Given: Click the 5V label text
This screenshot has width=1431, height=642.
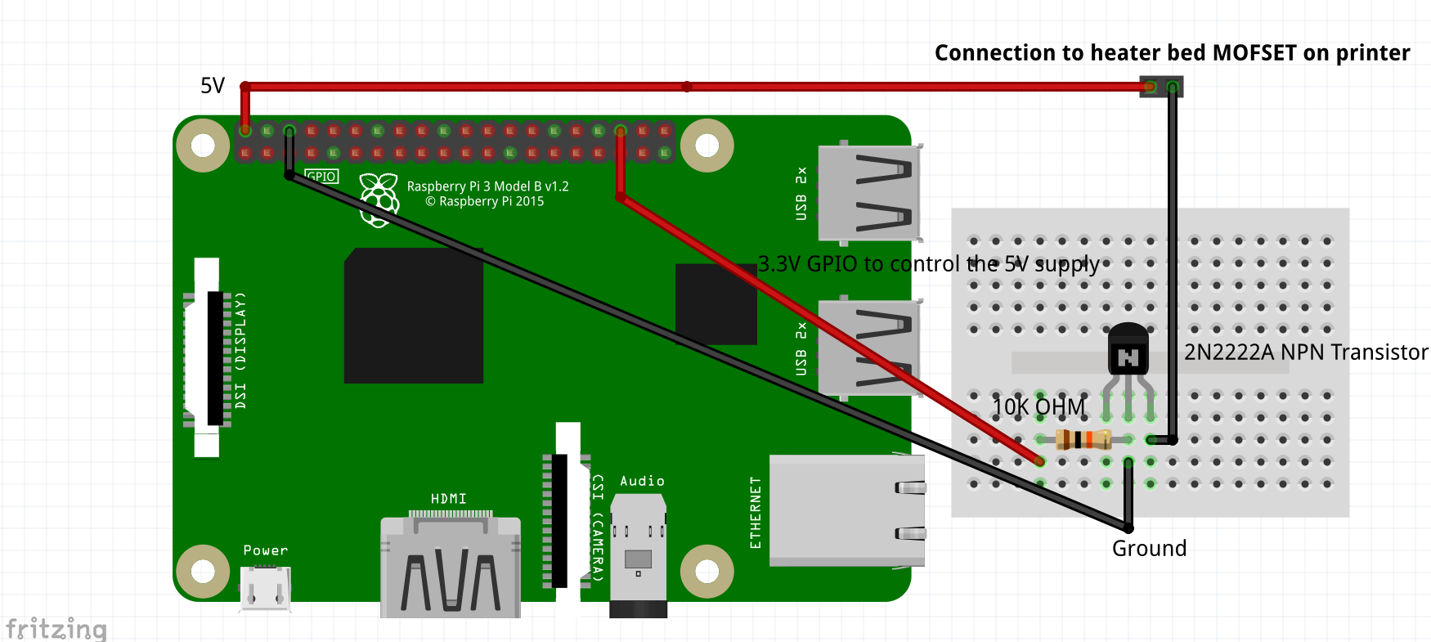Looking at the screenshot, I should point(213,86).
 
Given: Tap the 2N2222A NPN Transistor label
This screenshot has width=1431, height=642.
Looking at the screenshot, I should point(1306,352).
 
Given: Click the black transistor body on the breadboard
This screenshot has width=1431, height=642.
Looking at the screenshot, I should point(1128,350).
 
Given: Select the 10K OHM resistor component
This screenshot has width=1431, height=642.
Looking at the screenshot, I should point(1083,440).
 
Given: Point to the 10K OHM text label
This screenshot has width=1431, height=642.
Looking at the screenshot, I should point(1038,407).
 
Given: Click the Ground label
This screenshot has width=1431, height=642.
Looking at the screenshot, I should point(1149,549).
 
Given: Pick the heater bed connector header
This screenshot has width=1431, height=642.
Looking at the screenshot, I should point(1161,87).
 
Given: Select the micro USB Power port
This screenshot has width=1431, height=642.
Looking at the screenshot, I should point(265,588).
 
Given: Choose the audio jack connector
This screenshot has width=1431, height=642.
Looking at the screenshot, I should point(639,556).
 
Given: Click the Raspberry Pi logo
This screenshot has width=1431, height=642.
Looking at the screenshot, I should point(379,199).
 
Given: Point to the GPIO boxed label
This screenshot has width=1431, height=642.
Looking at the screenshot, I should point(321,177).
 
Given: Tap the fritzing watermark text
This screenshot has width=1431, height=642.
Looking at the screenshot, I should point(56,629).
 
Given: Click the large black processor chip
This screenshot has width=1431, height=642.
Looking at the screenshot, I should point(414,316).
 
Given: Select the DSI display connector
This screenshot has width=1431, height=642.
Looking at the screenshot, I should point(208,357).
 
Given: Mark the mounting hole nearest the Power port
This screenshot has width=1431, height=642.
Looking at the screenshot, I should point(203,571).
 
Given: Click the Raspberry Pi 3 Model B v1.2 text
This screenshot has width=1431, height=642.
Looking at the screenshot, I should point(487,186).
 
